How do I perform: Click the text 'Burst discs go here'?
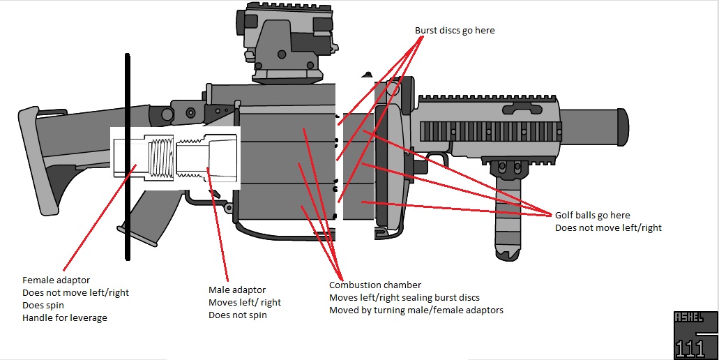coord(455,31)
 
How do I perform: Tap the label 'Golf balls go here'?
coord(592,216)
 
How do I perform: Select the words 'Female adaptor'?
coord(56,280)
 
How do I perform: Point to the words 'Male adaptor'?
coord(237,290)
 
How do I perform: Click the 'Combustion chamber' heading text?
coord(375,285)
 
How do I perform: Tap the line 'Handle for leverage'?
coord(65,318)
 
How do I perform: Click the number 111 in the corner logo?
coord(690,348)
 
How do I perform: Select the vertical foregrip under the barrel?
coord(507,209)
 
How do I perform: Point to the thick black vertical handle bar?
coord(128,157)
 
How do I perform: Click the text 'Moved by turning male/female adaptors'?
coord(416,310)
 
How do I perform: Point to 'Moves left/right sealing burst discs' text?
coord(404,297)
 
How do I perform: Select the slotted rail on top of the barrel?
coord(488,130)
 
